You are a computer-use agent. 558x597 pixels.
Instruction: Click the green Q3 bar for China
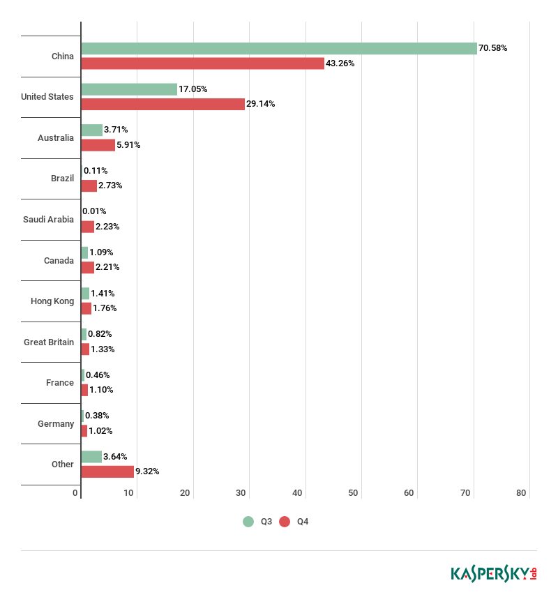coord(279,48)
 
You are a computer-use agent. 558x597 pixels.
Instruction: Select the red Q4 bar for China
coord(202,63)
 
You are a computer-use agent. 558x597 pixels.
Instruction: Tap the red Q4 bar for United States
coord(163,104)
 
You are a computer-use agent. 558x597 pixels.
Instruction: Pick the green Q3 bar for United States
coord(129,89)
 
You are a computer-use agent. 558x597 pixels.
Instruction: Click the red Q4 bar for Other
coord(107,471)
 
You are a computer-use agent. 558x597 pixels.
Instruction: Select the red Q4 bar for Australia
coord(98,145)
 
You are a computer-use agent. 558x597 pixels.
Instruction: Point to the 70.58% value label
coord(492,48)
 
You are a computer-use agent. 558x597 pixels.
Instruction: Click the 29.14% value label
coord(260,104)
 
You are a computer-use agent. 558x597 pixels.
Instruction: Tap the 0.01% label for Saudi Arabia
coord(94,211)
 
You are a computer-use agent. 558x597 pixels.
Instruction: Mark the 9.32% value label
coord(147,471)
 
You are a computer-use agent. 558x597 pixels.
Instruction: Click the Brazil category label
coord(62,179)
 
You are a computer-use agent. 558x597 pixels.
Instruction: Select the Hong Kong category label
coord(52,301)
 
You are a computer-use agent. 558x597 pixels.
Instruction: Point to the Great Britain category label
coord(49,342)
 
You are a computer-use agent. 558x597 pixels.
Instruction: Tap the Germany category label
coord(56,424)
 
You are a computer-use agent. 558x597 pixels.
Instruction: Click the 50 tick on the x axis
coord(353,493)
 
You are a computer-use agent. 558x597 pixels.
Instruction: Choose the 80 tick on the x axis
coord(521,493)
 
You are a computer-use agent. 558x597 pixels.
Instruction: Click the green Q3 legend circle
coord(248,522)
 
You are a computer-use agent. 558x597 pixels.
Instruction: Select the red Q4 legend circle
coord(284,522)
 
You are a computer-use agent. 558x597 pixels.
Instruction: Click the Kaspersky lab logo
coord(493,573)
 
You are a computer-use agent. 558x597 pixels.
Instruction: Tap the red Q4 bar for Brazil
coord(89,186)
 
